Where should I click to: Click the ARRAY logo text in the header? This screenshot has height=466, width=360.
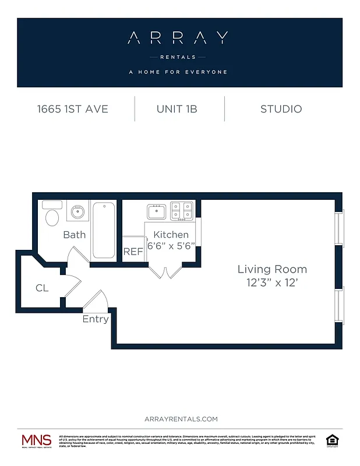click(178, 38)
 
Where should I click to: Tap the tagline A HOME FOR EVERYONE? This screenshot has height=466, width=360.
click(178, 72)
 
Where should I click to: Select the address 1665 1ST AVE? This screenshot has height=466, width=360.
click(73, 109)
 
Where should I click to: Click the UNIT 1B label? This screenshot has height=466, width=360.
click(180, 109)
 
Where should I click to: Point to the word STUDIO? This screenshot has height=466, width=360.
click(281, 109)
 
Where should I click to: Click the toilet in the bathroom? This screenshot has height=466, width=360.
click(52, 216)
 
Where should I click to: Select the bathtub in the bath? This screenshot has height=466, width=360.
click(104, 230)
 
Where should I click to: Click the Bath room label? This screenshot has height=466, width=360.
click(74, 235)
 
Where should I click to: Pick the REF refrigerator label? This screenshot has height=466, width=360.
click(132, 252)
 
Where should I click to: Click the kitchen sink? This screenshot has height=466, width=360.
click(157, 210)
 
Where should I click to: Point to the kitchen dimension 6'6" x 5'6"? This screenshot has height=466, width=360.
click(171, 246)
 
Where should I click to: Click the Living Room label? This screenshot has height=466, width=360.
click(271, 269)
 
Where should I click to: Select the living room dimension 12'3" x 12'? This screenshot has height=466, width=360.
click(271, 283)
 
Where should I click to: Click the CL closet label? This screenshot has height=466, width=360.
click(41, 288)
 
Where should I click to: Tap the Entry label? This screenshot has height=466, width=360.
click(95, 319)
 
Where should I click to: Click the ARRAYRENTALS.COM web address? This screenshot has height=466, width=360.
click(180, 419)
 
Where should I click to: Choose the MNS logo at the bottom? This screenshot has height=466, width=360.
click(36, 440)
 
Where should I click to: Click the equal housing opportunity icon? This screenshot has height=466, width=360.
click(332, 440)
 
